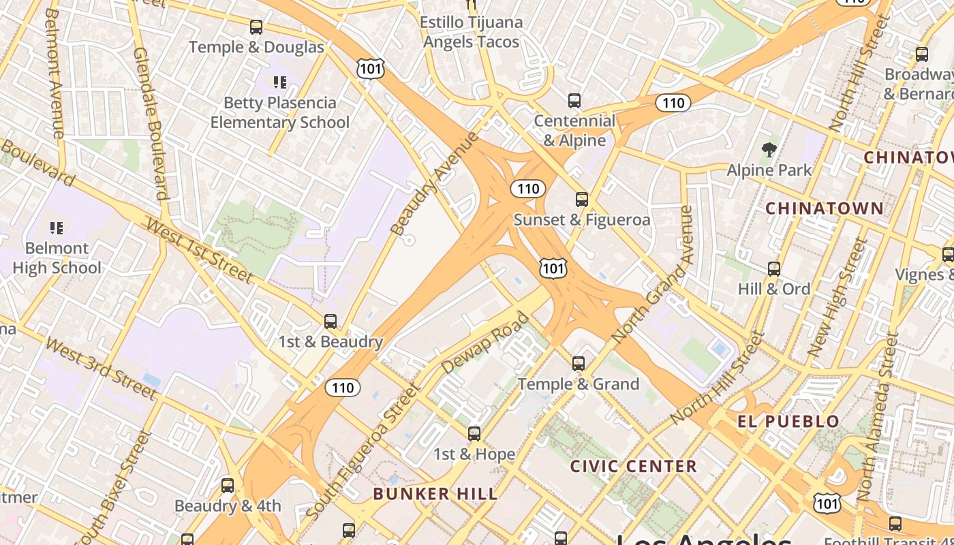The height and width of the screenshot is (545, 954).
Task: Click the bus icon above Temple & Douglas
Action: [x=256, y=27]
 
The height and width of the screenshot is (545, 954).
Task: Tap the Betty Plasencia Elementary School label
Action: [x=279, y=112]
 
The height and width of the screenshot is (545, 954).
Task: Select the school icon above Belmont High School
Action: [x=57, y=228]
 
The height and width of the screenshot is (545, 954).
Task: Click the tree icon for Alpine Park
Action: [x=769, y=149]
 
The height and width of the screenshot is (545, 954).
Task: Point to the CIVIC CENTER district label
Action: [x=633, y=466]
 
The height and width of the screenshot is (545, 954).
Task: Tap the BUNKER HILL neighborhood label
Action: [x=435, y=494]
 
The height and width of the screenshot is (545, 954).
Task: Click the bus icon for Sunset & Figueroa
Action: [x=581, y=200]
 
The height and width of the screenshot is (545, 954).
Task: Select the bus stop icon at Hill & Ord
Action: [x=774, y=269]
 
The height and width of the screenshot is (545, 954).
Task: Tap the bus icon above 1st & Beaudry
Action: [x=330, y=322]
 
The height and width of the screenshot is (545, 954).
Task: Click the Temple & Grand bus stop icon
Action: [x=579, y=364]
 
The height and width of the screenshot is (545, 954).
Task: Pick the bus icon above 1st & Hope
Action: [x=474, y=434]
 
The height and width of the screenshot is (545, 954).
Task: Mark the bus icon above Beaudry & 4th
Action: [x=228, y=486]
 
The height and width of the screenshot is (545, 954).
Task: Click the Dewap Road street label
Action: [x=484, y=343]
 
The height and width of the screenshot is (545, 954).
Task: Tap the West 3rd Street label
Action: [x=102, y=367]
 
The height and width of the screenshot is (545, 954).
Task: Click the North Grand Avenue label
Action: [x=652, y=275]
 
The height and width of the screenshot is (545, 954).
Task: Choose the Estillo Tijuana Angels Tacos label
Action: [x=472, y=32]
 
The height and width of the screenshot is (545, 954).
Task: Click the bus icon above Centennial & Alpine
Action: [x=574, y=101]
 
